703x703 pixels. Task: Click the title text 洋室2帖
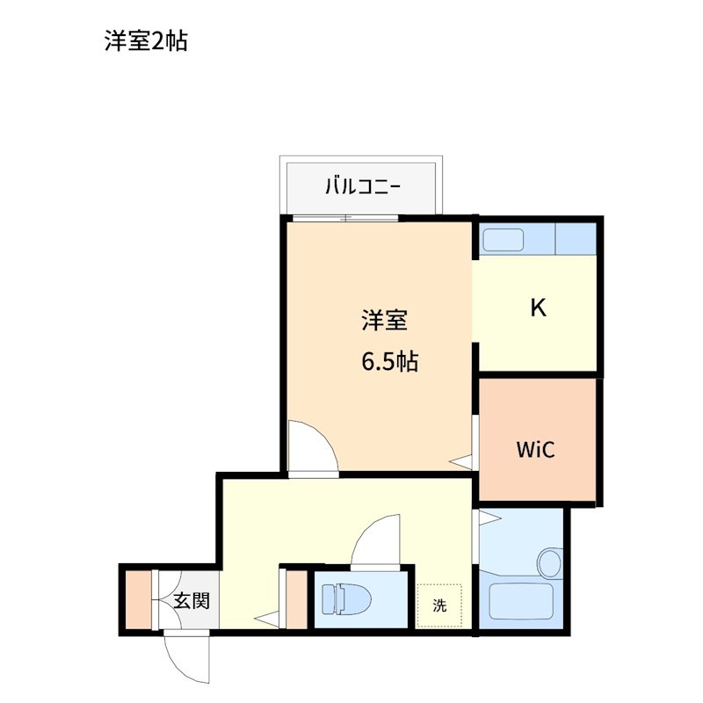[146, 41]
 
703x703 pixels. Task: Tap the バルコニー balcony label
[363, 186]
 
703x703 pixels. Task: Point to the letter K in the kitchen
[538, 308]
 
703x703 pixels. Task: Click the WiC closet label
[534, 450]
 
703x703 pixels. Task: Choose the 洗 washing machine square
[438, 605]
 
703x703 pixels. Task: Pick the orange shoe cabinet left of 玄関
[137, 600]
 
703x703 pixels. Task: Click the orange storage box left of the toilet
[296, 600]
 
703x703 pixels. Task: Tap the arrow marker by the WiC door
[460, 460]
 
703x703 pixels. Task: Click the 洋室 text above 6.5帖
[384, 321]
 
